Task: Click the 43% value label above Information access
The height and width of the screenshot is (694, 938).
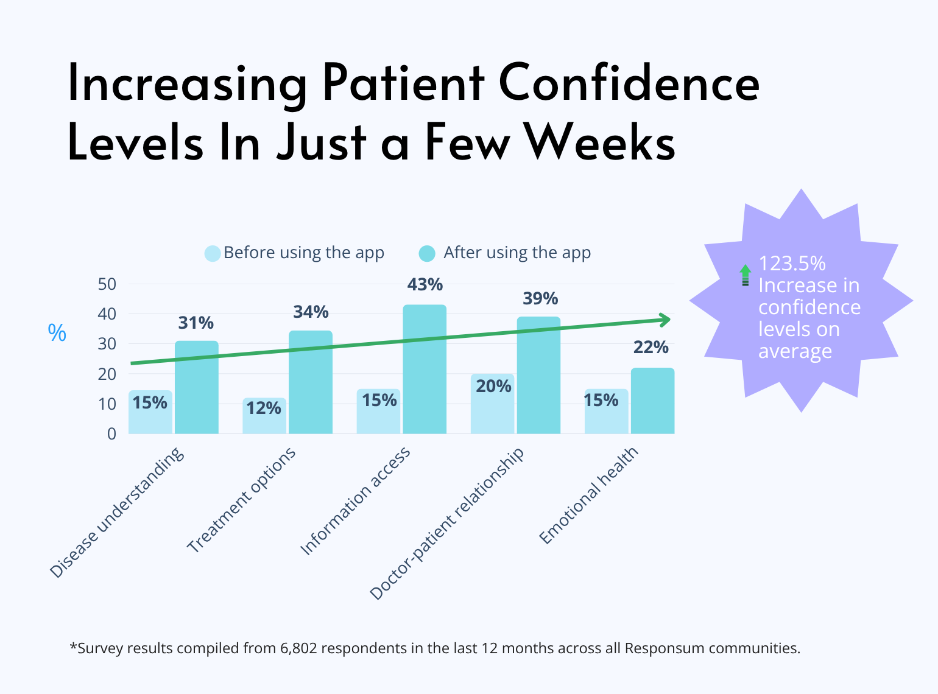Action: click(x=425, y=285)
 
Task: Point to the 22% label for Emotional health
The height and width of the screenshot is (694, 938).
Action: click(x=651, y=348)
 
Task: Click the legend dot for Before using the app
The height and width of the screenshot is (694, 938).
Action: click(x=213, y=253)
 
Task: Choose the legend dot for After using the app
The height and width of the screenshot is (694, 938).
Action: click(x=428, y=253)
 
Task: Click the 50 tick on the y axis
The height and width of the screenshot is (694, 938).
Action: click(x=107, y=284)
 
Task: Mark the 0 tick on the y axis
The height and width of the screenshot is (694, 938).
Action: click(x=111, y=434)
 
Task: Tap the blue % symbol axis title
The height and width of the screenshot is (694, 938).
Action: click(x=57, y=333)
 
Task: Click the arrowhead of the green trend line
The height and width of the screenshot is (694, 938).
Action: click(x=666, y=320)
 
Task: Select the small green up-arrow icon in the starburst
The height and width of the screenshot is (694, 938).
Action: click(x=746, y=275)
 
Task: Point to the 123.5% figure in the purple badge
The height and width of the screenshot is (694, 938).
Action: click(x=792, y=264)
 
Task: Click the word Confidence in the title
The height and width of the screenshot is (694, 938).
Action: click(x=629, y=83)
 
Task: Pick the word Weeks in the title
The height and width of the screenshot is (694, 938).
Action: click(x=600, y=143)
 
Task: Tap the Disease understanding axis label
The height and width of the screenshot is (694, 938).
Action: click(x=116, y=513)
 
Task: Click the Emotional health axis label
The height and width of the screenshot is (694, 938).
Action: click(x=588, y=496)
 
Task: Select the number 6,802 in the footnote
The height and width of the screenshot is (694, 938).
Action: click(x=298, y=648)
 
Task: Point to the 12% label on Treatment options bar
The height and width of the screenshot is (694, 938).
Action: click(x=263, y=408)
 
